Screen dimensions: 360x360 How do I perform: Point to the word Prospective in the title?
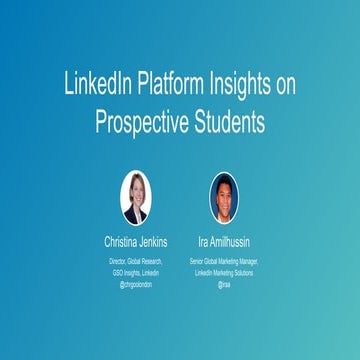(142, 121)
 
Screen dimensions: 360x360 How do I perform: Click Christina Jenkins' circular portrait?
(135, 197)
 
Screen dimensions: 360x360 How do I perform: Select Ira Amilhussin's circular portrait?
(224, 197)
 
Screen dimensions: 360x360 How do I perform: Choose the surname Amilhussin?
(231, 241)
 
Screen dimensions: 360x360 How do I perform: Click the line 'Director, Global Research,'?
(136, 260)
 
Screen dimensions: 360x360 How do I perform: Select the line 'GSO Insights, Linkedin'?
(136, 272)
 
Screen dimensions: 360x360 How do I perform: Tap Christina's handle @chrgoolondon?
(136, 284)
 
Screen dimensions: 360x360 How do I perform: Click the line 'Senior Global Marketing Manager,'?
(224, 260)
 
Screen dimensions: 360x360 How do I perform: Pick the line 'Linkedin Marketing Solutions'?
(224, 272)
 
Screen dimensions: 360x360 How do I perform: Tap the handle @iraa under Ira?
(224, 284)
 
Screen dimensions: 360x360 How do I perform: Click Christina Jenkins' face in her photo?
(135, 190)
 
